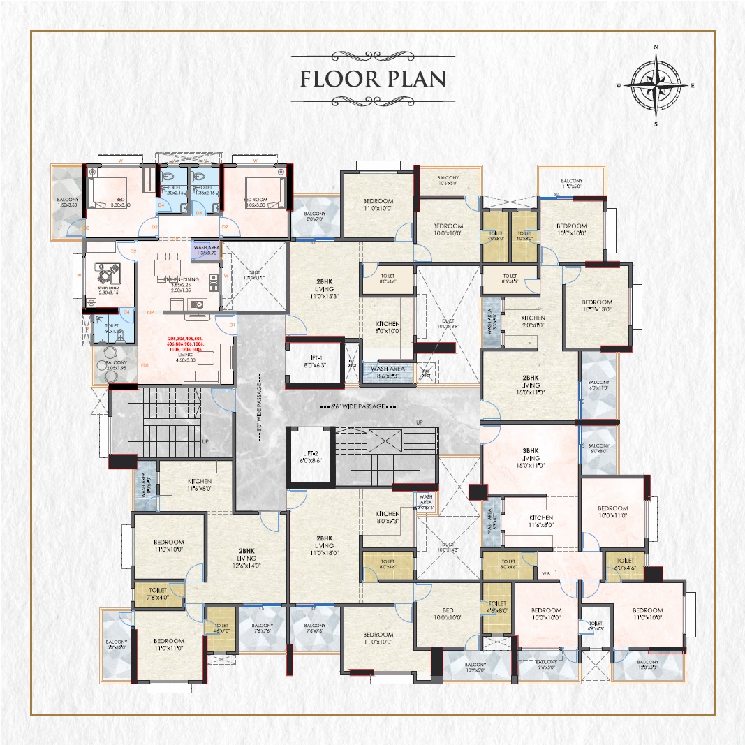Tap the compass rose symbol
(655, 85)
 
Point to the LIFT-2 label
(311, 457)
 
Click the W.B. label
(546, 575)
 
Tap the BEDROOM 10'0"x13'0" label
(597, 305)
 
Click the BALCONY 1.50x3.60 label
(68, 202)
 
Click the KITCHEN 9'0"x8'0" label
(533, 321)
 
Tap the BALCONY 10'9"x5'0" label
(475, 667)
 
